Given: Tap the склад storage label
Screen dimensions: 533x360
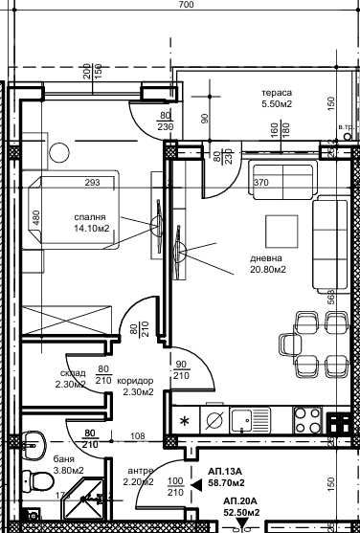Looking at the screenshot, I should pos(71,373).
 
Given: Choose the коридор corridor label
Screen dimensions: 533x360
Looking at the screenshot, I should pos(137,379).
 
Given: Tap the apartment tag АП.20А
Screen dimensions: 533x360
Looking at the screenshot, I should pos(244,502).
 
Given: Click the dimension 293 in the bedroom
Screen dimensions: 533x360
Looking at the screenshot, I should pos(94,182).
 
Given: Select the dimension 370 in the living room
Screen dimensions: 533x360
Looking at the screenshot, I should pos(262,182).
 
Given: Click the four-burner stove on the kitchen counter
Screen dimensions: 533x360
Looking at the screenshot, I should pos(306,418).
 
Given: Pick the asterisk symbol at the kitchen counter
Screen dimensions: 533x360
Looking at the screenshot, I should pos(186,419).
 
